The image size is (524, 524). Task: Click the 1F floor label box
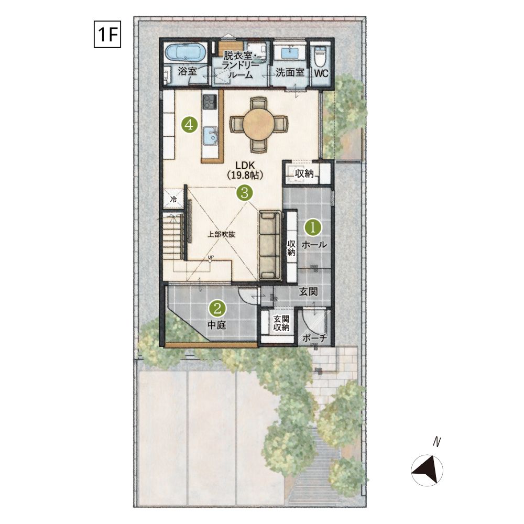pyautogui.click(x=107, y=34)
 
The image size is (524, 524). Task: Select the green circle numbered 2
pyautogui.click(x=217, y=308)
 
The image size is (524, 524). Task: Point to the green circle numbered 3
pyautogui.click(x=245, y=192)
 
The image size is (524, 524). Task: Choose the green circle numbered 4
pyautogui.click(x=189, y=125)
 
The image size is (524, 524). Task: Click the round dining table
pyautogui.click(x=258, y=125)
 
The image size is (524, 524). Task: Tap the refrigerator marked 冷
pyautogui.click(x=173, y=200)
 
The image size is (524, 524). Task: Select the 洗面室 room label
pyautogui.click(x=290, y=72)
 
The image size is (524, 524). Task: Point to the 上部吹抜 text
pyautogui.click(x=221, y=234)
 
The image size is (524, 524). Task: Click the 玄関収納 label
pyautogui.click(x=281, y=323)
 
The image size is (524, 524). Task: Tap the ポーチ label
pyautogui.click(x=314, y=338)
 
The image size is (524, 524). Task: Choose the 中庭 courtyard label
pyautogui.click(x=217, y=324)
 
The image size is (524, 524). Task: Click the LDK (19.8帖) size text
pyautogui.click(x=245, y=170)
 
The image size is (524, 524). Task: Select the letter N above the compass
pyautogui.click(x=436, y=442)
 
